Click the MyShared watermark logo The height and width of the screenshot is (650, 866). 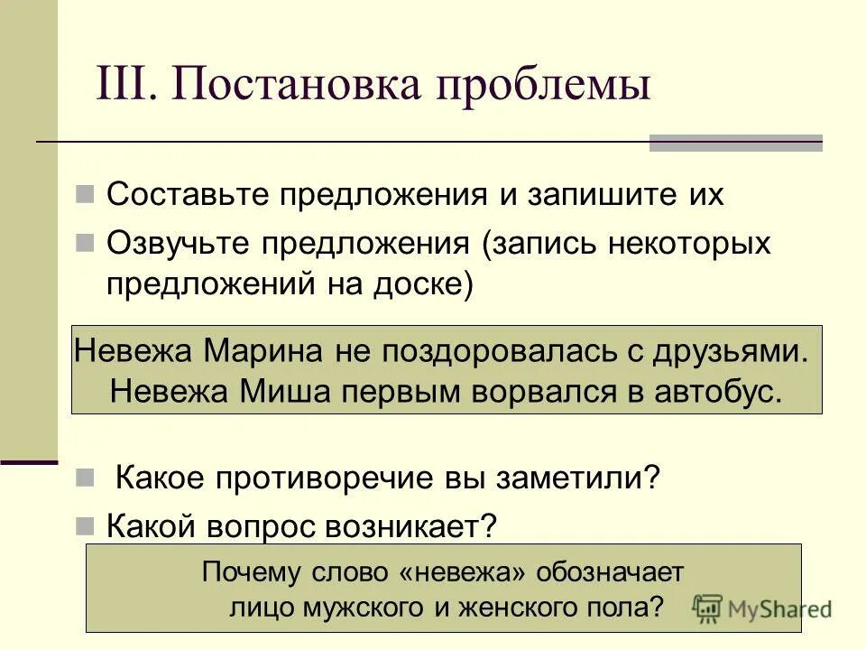(762, 607)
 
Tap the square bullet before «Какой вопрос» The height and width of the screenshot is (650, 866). (87, 525)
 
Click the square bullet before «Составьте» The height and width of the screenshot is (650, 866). (87, 194)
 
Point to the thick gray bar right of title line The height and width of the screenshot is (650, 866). (736, 143)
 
